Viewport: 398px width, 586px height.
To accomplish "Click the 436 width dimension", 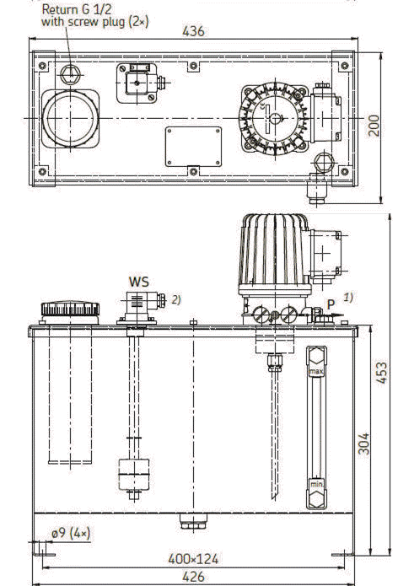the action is point(193,31).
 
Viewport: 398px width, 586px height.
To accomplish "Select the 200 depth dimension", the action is point(374,126).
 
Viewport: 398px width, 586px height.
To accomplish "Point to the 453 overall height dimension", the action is point(381,372).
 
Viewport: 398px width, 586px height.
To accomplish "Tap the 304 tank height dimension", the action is point(363,444).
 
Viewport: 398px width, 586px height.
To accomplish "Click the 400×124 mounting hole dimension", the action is point(193,560).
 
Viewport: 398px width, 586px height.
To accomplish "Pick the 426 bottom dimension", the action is point(193,577).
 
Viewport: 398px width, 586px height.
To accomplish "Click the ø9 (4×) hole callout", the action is point(71,534).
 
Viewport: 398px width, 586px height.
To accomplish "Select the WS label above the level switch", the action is point(138,282).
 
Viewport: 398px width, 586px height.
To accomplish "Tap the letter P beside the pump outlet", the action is point(331,304).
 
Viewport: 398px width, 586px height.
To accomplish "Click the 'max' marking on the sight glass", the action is point(316,372).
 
